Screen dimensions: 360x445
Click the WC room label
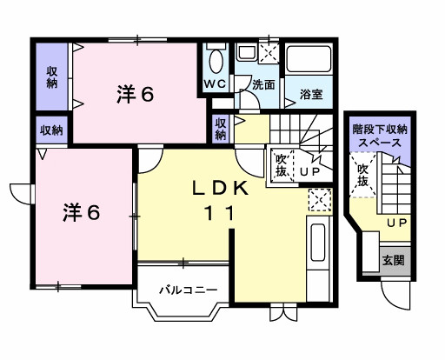pos(214,83)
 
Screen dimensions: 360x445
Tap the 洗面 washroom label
pos(263,85)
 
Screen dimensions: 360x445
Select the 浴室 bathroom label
pos(311,93)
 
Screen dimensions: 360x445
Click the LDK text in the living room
pos(221,188)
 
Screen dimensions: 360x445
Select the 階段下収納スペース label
pos(380,135)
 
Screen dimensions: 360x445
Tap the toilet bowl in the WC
pos(217,60)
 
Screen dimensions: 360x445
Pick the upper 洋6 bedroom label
pos(136,95)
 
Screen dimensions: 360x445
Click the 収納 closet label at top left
pos(52,77)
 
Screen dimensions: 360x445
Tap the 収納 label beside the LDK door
pos(221,129)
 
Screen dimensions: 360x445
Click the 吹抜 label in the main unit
pos(282,164)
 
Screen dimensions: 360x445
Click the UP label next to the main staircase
pos(310,171)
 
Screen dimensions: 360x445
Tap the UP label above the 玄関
pos(397,224)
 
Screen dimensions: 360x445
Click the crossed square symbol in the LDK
pos(319,200)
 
